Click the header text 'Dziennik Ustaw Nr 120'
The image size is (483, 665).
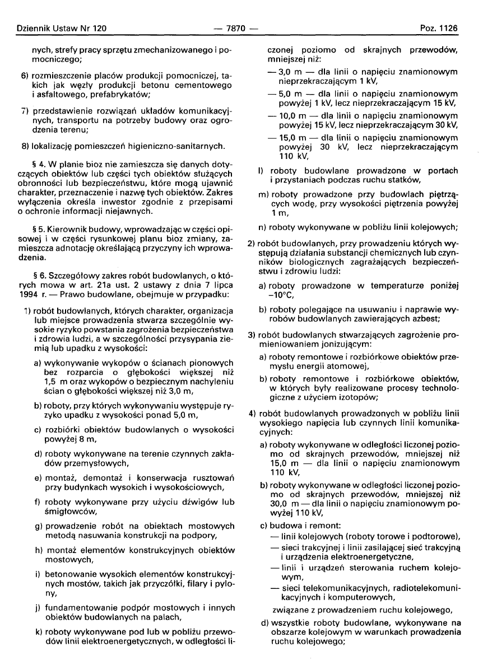coord(55,27)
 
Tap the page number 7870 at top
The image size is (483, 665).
coord(240,27)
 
